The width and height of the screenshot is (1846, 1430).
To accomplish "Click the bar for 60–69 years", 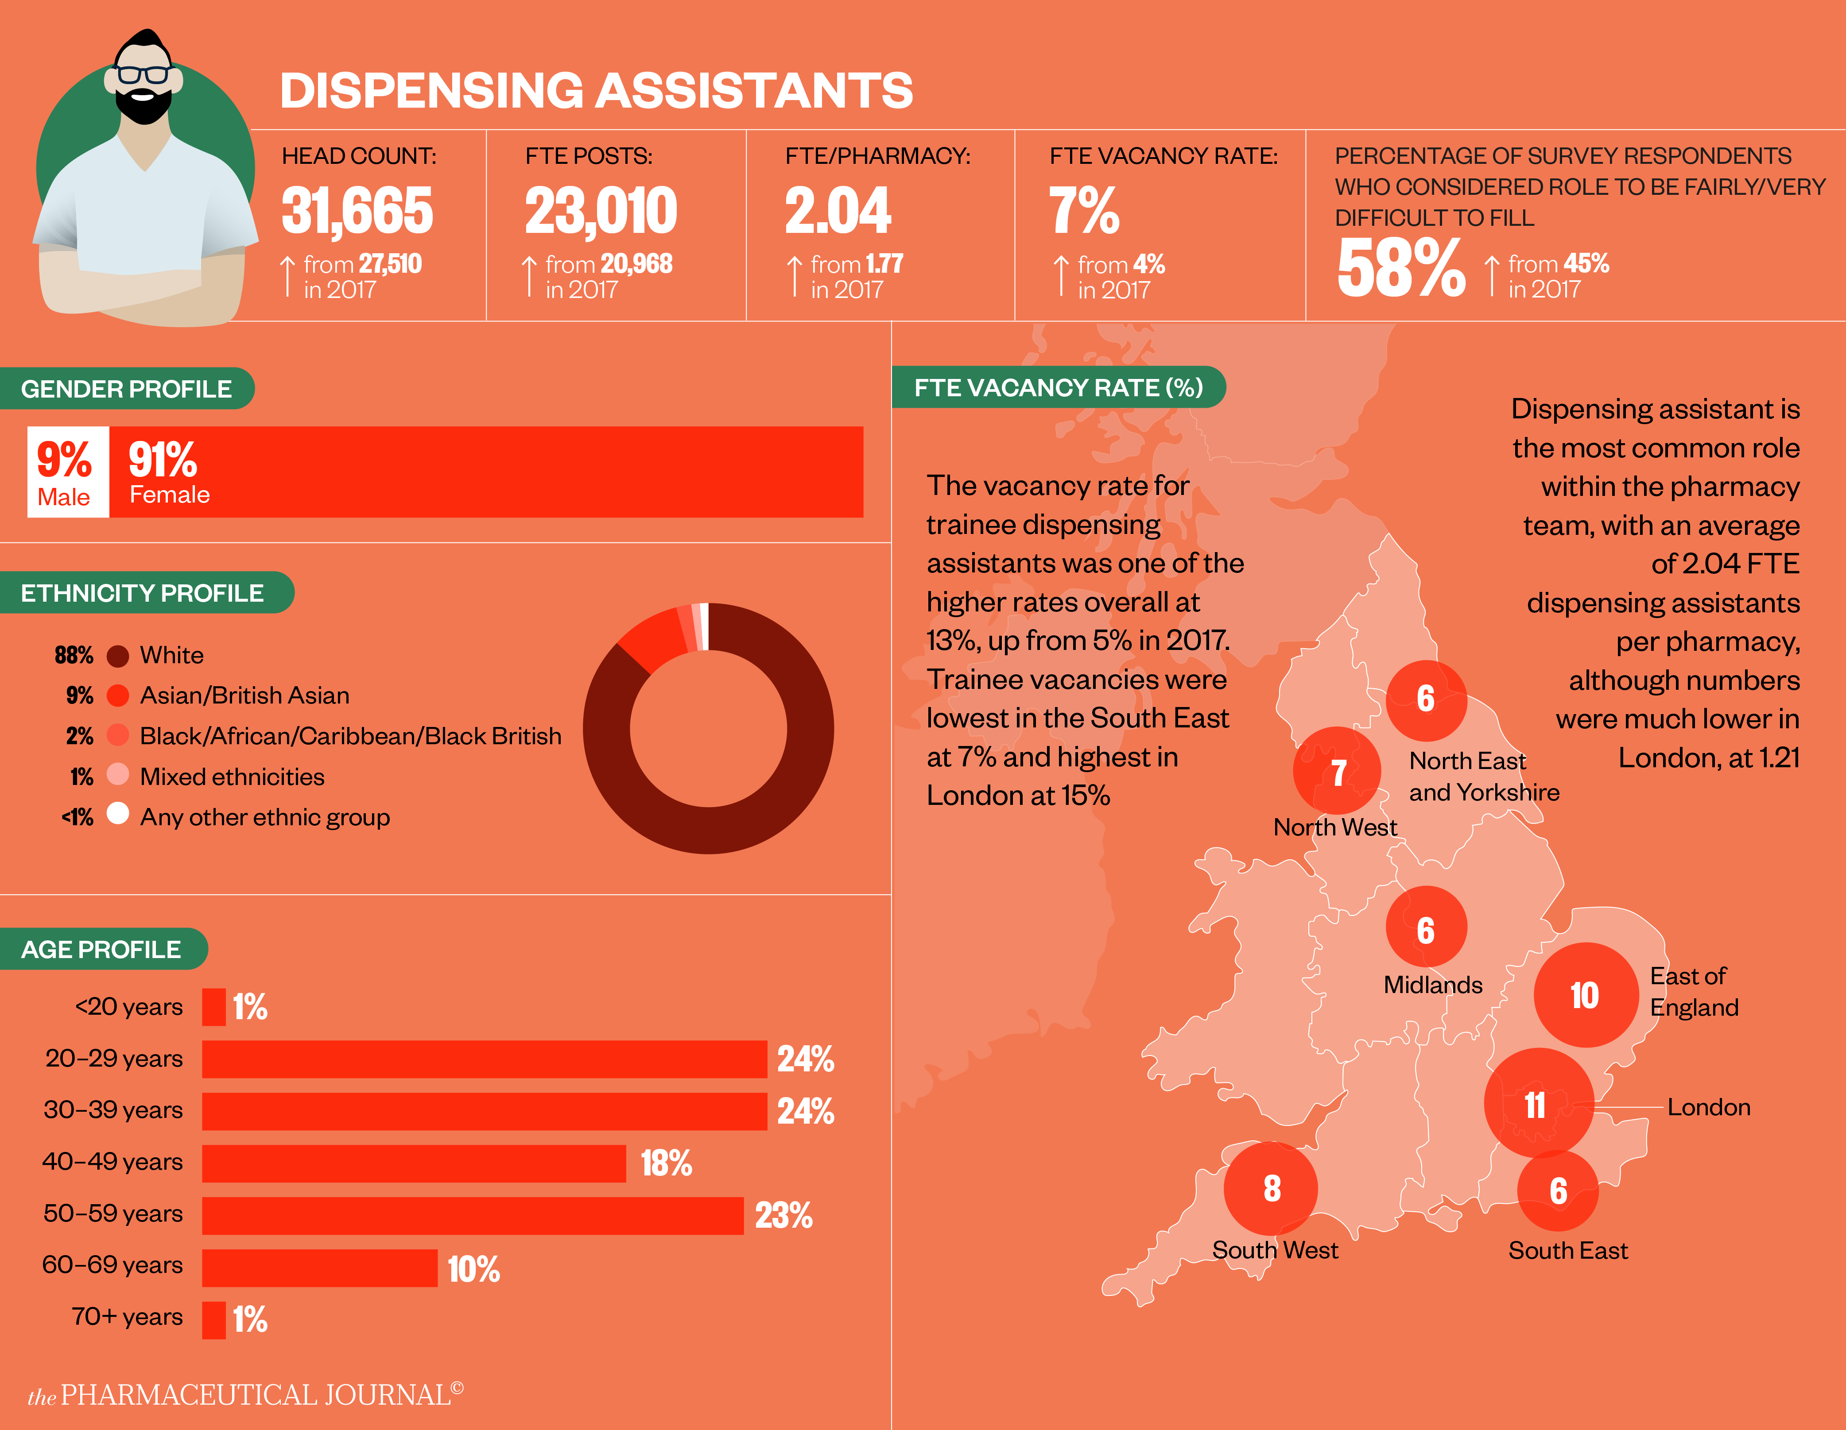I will point(319,1268).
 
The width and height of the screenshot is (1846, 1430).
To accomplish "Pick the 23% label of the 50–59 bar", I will point(783,1215).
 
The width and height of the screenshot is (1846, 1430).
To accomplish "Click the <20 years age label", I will point(128,1007).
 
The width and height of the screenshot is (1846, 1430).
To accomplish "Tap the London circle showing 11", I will point(1537,1104).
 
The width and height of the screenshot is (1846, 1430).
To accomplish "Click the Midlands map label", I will point(1433,985).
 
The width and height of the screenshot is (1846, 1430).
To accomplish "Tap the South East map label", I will point(1568,1250).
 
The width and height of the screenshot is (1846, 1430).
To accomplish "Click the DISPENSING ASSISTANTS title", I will point(596,90).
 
